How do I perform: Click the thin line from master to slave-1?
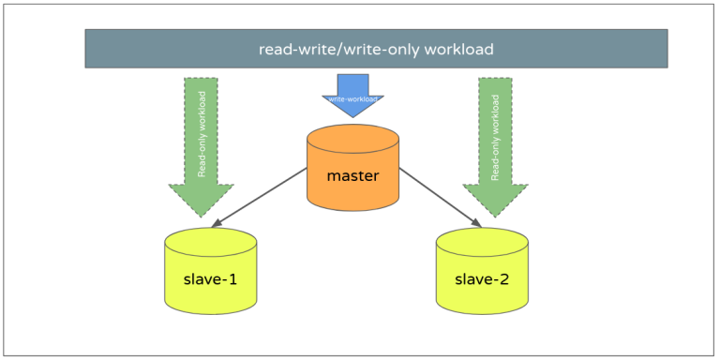(x=262, y=197)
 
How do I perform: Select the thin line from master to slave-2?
(x=441, y=197)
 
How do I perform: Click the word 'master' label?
(x=352, y=175)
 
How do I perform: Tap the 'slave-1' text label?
(x=210, y=279)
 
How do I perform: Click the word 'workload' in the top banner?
(x=457, y=49)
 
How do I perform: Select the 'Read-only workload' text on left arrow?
(x=202, y=134)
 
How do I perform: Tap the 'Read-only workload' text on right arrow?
(x=494, y=134)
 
